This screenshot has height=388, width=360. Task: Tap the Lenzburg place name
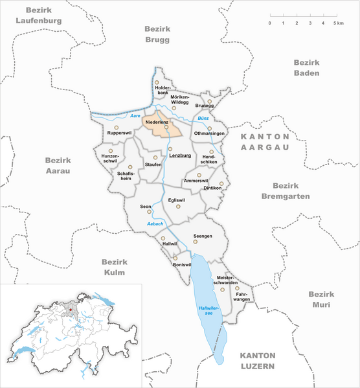click(x=181, y=156)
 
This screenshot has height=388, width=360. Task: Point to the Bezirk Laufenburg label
click(x=44, y=16)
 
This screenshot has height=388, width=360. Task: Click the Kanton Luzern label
click(x=258, y=361)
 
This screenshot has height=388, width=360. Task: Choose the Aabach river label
click(x=155, y=224)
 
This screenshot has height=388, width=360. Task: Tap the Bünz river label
click(x=205, y=119)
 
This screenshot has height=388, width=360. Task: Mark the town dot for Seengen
click(x=196, y=242)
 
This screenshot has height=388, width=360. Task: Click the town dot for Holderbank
click(x=157, y=82)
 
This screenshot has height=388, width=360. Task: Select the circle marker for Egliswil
click(x=178, y=207)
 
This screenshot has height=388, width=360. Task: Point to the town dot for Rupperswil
click(x=117, y=128)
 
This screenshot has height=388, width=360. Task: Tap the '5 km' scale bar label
click(x=338, y=23)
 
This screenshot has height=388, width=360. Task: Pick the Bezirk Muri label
click(x=321, y=299)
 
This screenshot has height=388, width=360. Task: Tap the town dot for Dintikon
click(x=221, y=183)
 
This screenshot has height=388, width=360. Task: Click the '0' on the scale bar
click(x=270, y=23)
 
